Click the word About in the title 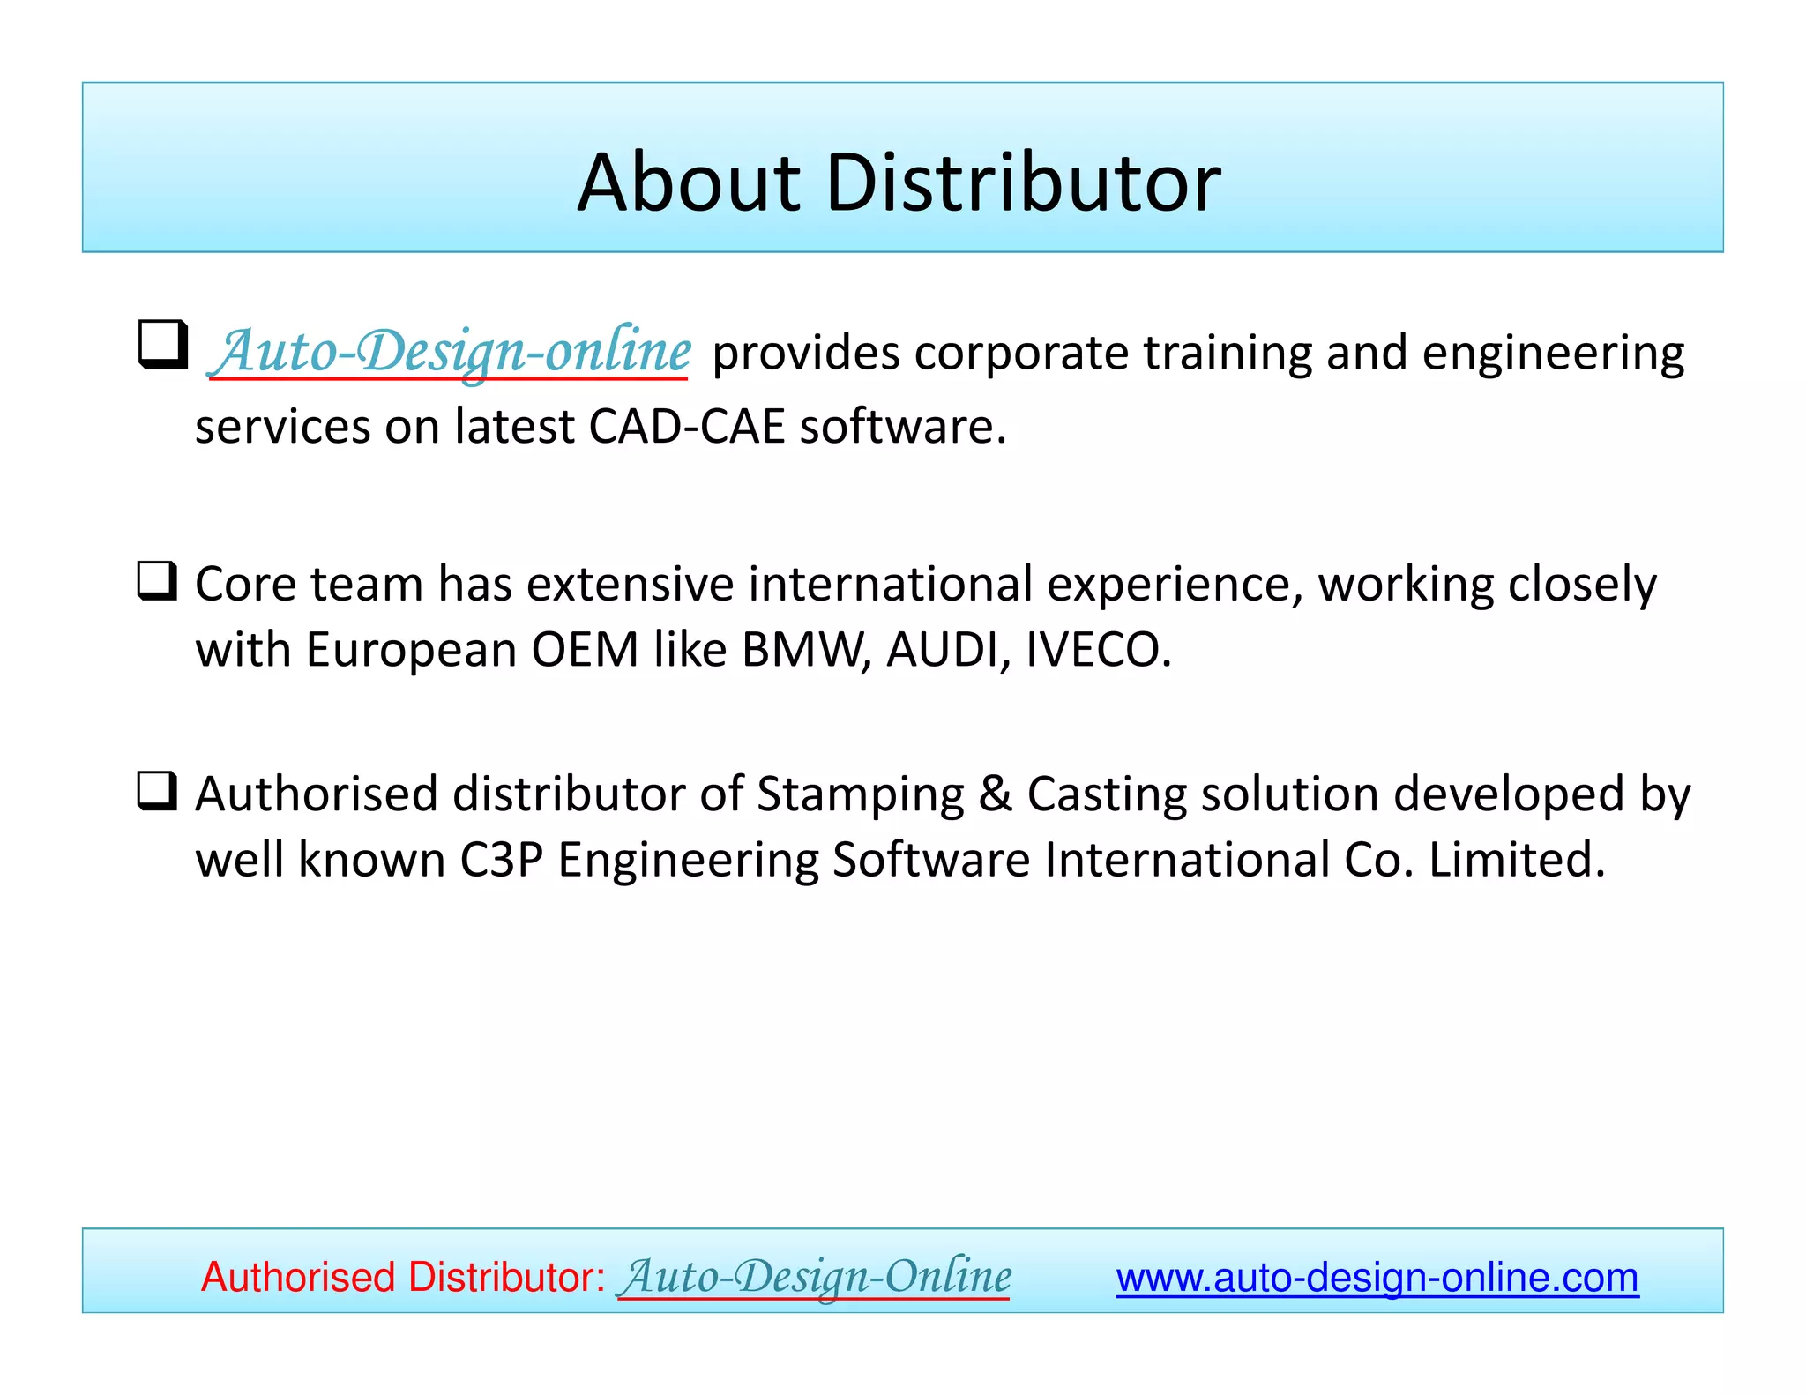(689, 183)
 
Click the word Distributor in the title (1023, 183)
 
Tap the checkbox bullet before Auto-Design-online (163, 345)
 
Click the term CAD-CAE (686, 427)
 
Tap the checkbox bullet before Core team (158, 582)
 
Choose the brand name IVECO (1097, 650)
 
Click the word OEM (585, 650)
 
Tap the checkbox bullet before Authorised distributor (158, 791)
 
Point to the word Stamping (861, 794)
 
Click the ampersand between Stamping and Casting (996, 794)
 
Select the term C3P (501, 860)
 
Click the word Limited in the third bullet (1516, 860)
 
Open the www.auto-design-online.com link (1377, 1278)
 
